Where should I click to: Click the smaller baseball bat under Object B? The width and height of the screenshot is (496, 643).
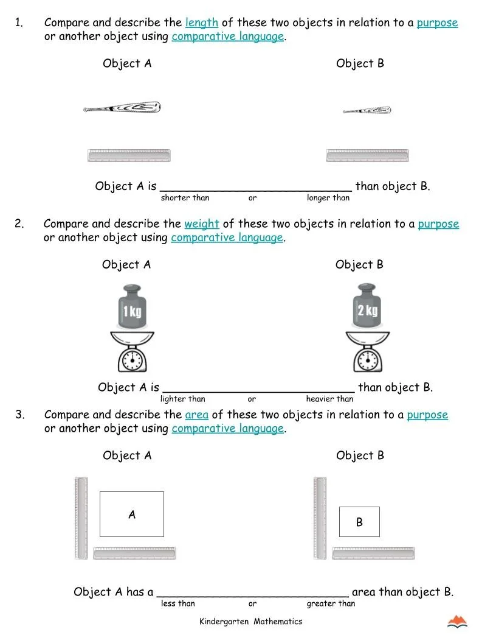point(367,111)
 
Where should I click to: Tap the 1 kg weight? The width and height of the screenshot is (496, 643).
point(132,307)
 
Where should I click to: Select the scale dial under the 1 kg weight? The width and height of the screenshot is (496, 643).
point(132,360)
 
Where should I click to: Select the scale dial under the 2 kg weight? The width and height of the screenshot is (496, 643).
point(367,360)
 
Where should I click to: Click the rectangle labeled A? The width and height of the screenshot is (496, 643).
point(132,514)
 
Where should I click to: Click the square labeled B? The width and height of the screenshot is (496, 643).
point(359,522)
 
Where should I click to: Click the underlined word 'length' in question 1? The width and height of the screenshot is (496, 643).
point(201,23)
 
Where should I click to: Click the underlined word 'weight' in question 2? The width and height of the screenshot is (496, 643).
point(201,224)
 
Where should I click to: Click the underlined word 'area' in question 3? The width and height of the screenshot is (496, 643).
point(196,415)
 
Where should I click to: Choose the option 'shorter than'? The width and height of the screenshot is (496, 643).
point(185,198)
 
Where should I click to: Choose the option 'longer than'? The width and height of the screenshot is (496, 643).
point(328,198)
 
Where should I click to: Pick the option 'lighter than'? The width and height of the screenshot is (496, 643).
point(183,399)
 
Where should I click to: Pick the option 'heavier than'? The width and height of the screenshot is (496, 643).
point(329,399)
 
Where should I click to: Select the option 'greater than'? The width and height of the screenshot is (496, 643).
point(331,604)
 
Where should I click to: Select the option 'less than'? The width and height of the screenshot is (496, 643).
point(178,604)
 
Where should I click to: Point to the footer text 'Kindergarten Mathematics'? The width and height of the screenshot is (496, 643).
point(250,622)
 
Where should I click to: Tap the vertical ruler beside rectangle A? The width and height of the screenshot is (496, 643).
point(81,518)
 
